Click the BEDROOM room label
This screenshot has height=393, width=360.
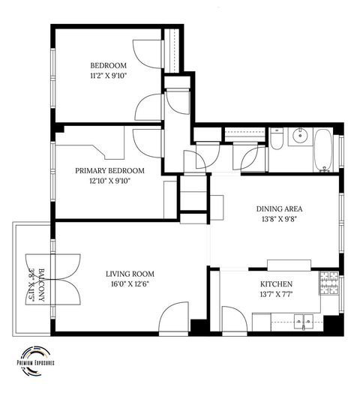click(109, 64)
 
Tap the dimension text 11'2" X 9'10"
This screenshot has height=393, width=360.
click(109, 75)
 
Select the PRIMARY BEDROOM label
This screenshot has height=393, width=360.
click(109, 170)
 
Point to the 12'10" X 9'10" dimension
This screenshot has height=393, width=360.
click(109, 181)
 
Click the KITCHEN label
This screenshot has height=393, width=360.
click(276, 284)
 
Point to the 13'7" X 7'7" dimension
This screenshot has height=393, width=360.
click(276, 295)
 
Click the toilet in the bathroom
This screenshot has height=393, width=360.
click(276, 142)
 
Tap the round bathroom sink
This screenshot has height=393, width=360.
click(301, 136)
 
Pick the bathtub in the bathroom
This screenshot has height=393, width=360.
click(324, 150)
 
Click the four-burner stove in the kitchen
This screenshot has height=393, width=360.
click(328, 282)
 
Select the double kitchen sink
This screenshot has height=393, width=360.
click(304, 323)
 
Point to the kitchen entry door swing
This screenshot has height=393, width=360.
click(231, 319)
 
